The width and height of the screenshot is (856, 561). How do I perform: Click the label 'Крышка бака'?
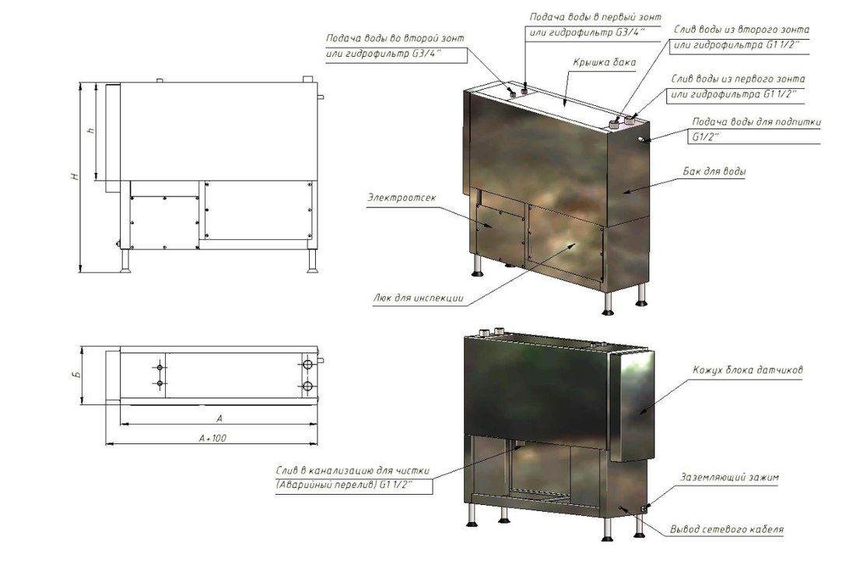[x=605, y=62]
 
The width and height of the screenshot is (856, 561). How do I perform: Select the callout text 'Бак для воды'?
[x=714, y=171]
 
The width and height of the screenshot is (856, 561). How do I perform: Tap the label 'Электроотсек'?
[x=402, y=197]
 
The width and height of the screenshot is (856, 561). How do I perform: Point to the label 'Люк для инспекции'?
[x=419, y=298]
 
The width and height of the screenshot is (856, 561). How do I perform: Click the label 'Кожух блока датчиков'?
[x=748, y=370]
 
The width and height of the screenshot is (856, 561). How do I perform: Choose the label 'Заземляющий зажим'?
[x=729, y=478]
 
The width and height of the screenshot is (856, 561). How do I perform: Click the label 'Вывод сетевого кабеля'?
[x=727, y=529]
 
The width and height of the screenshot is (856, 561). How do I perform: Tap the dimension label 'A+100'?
[x=213, y=437]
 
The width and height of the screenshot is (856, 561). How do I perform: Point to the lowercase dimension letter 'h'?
[x=91, y=131]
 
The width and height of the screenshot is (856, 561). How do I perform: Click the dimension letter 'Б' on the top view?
[x=77, y=375]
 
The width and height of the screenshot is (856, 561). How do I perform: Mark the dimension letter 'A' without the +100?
[x=219, y=418]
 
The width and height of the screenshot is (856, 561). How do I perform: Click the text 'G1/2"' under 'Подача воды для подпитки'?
[x=705, y=137]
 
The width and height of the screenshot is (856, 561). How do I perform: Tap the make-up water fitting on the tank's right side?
[x=643, y=141]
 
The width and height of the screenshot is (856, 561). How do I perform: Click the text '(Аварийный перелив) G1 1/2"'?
[x=344, y=485]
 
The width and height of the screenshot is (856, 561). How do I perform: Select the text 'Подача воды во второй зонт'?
[x=395, y=38]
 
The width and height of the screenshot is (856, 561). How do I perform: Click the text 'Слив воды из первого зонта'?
[x=738, y=79]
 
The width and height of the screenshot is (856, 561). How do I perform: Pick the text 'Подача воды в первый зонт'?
[x=595, y=17]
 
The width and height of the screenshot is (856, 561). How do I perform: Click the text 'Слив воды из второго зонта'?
[x=741, y=30]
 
